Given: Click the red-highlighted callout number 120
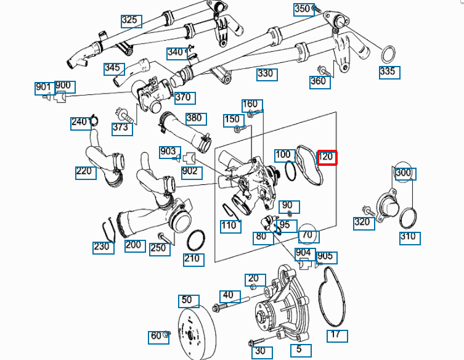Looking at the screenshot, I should point(326,157).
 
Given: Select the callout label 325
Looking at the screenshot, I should point(131,20).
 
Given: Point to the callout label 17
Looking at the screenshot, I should point(336,335).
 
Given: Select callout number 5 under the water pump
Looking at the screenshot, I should point(299,350).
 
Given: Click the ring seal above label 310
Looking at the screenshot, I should point(408,218).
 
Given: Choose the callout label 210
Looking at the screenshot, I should point(192,258).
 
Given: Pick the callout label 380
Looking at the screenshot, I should point(193,118).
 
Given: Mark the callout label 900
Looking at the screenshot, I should point(63,86).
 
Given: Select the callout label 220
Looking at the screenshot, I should point(86,172).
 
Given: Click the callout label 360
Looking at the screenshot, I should point(318,81).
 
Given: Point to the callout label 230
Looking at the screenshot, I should point(102,247).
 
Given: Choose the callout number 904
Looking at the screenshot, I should point(303,252).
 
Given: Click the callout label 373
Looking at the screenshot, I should point(120,127).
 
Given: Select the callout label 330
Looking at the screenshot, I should point(266,74).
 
